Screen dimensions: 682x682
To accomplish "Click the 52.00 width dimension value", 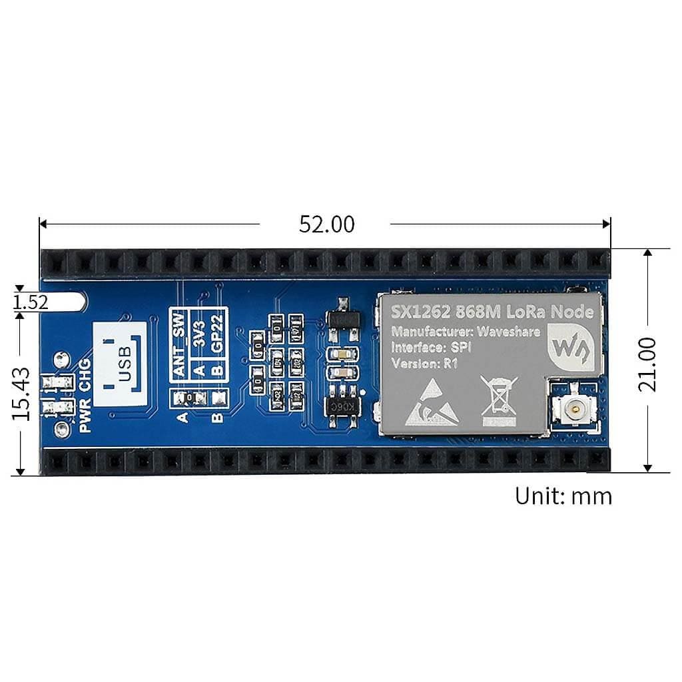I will pos(326,225).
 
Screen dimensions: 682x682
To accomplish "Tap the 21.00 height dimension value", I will pos(647,364).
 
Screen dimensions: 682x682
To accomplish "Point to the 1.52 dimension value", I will pos(30,303).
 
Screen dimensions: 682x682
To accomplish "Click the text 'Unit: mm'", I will pos(563,497).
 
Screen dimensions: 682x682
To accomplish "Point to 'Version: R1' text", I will pos(424,364).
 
